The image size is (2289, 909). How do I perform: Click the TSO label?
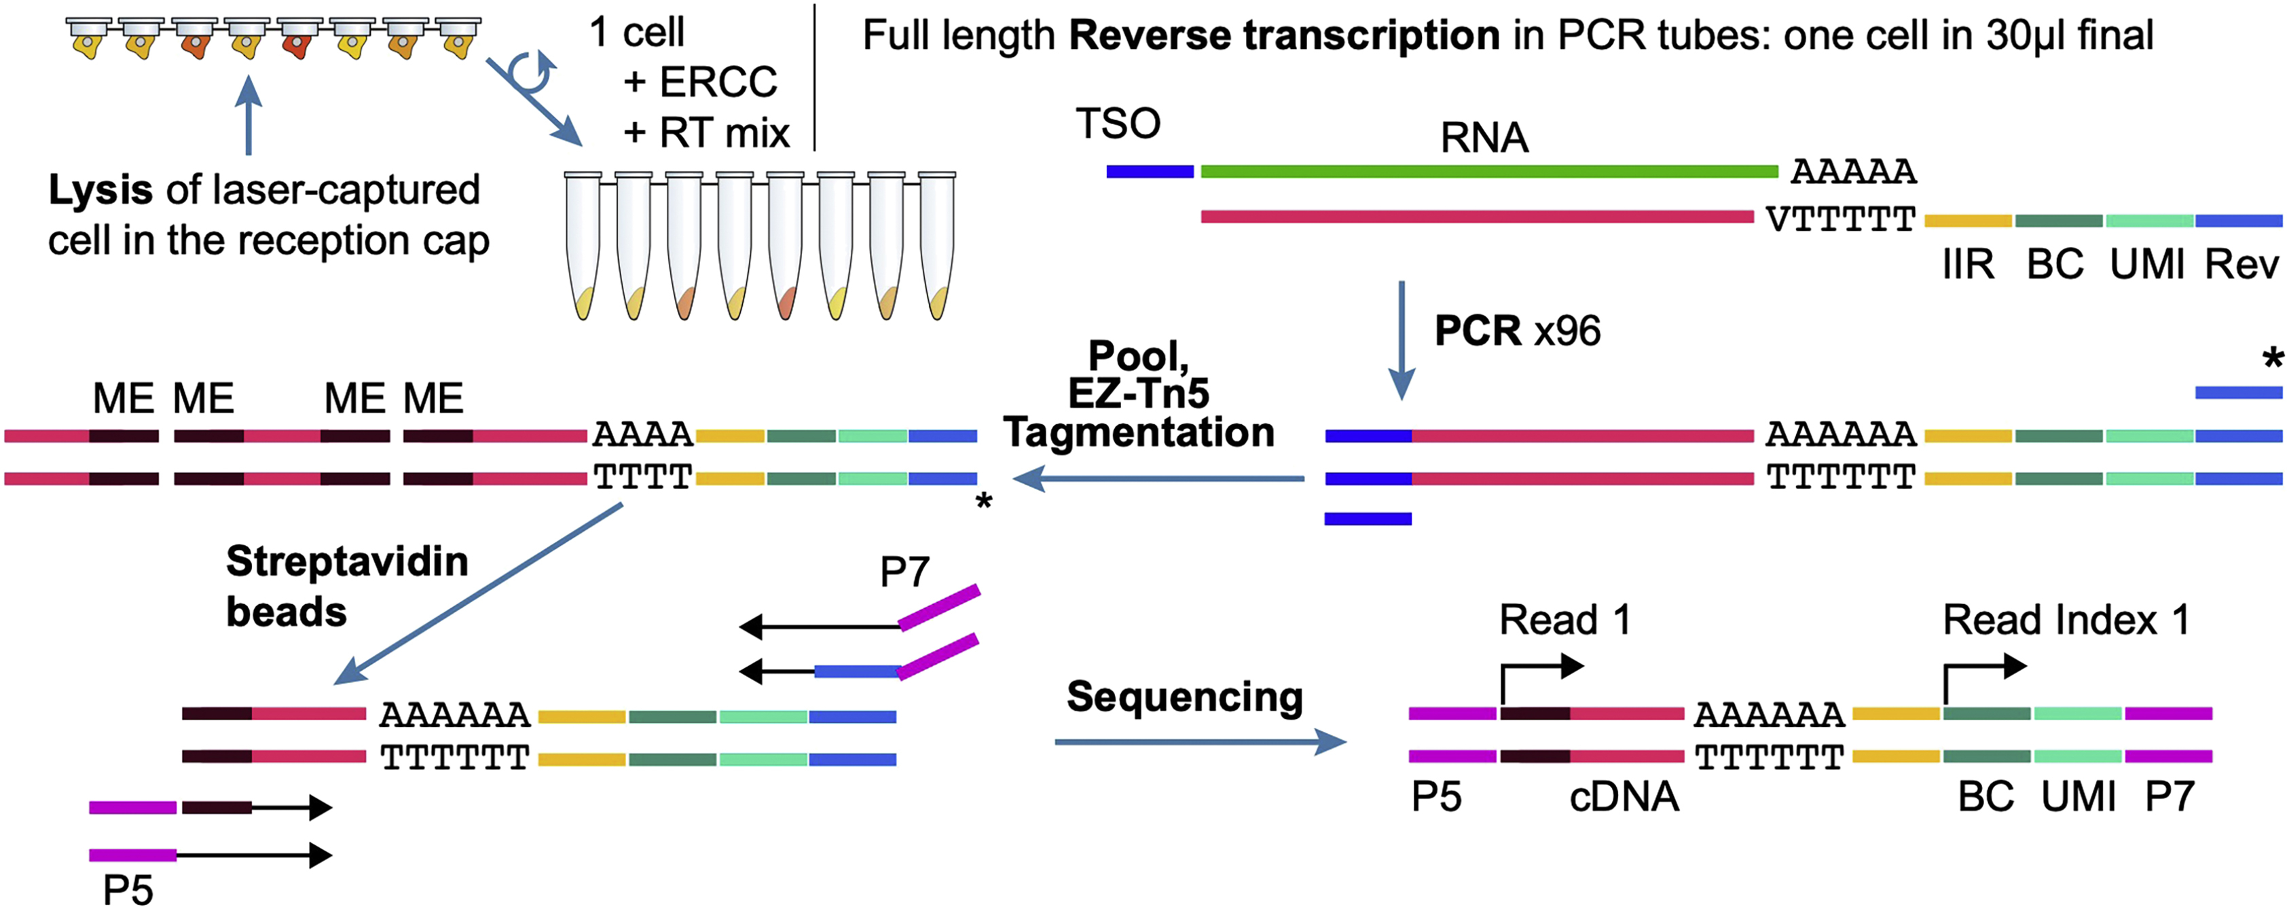click(x=1118, y=124)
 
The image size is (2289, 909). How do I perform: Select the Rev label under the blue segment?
click(x=2241, y=265)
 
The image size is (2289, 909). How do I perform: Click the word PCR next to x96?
click(x=1478, y=331)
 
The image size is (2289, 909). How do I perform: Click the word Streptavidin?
click(x=346, y=561)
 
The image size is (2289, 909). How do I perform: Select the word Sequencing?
click(x=1184, y=697)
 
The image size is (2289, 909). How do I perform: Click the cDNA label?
click(x=1624, y=797)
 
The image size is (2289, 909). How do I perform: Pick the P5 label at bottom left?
click(x=128, y=889)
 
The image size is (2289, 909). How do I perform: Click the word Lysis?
click(x=100, y=190)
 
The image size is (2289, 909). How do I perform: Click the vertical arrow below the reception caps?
click(x=249, y=115)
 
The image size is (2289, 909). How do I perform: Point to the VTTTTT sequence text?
click(x=1840, y=219)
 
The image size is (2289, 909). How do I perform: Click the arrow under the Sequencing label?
click(x=1200, y=741)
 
